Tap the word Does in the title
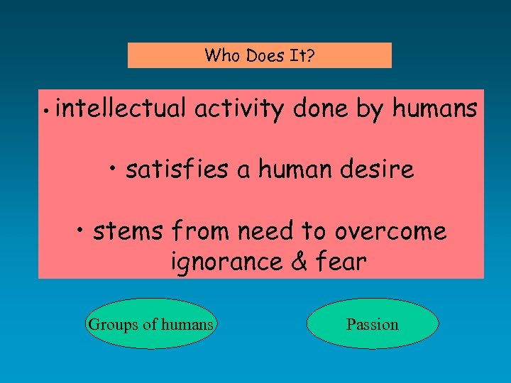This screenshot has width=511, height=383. [x=263, y=55]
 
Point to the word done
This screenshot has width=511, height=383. [x=319, y=109]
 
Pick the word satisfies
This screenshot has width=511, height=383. [x=178, y=170]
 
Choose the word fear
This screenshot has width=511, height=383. [x=341, y=262]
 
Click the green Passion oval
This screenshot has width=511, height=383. [x=373, y=324]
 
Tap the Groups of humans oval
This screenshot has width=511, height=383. [x=150, y=324]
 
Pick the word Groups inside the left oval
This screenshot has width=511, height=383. [x=112, y=325]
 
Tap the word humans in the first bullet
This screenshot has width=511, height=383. [x=434, y=109]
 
